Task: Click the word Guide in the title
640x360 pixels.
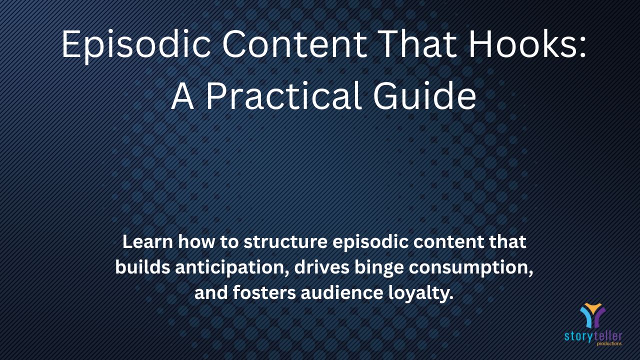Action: [425, 95]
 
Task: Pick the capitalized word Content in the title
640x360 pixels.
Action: [294, 44]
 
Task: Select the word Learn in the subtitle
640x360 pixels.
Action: [147, 241]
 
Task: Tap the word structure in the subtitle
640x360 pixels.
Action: [285, 242]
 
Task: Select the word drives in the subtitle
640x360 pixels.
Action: [321, 267]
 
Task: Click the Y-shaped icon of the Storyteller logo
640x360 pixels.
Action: [592, 315]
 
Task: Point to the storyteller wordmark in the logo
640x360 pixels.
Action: [593, 336]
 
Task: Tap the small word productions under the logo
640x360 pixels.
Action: [609, 343]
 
